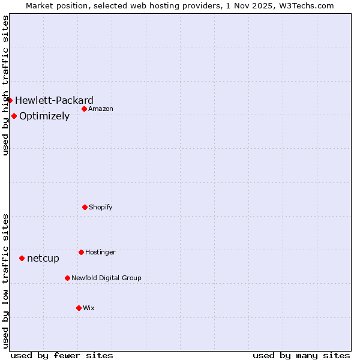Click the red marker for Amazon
click(85, 109)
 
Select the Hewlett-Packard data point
click(10, 100)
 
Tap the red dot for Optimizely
click(14, 116)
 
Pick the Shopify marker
click(85, 207)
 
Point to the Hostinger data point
click(81, 252)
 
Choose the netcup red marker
click(22, 258)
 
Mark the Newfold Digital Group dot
click(67, 278)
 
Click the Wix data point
click(79, 308)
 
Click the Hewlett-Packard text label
click(54, 100)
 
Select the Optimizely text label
click(44, 116)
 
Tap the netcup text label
click(43, 258)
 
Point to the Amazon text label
click(101, 109)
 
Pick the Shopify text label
click(101, 207)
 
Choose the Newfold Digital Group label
click(106, 278)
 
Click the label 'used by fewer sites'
click(62, 355)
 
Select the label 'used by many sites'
click(301, 355)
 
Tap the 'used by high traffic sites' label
click(5, 85)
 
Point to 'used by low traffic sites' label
click(5, 281)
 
